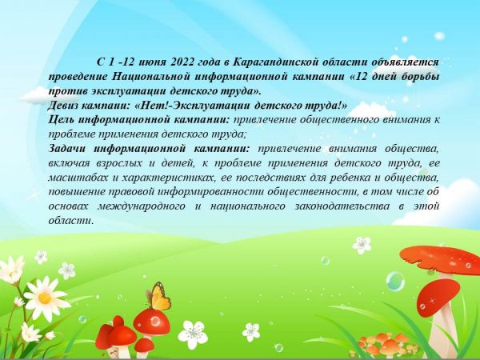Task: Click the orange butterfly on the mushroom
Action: (159, 295)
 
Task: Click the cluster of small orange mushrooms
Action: (383, 344)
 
